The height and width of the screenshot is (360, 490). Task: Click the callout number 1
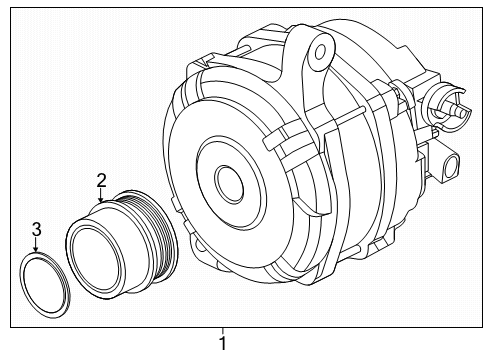click(222, 344)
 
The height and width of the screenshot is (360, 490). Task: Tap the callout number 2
click(101, 180)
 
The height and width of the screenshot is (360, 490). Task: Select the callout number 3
click(37, 230)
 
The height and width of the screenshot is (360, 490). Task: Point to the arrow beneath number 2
click(101, 196)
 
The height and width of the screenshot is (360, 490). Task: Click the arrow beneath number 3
click(37, 247)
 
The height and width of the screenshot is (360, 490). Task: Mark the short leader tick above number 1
click(222, 331)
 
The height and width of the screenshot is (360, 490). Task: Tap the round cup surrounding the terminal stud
click(441, 103)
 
